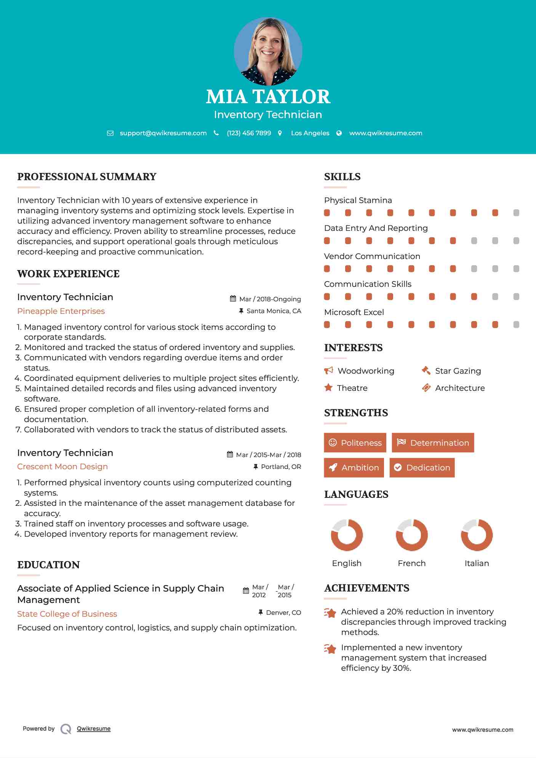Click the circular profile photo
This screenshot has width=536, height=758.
point(268,51)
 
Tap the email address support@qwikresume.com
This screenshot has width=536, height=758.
point(163,133)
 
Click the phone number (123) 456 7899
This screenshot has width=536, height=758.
point(249,133)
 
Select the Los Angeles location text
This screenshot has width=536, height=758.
point(310,133)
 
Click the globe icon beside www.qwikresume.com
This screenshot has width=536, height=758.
point(339,133)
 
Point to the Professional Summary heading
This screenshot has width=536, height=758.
point(87,177)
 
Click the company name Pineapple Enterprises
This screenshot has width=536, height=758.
point(61,311)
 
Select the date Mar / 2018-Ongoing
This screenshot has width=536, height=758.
point(270,299)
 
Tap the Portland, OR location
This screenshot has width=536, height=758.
point(281,467)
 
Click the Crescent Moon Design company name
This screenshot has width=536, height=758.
point(62,467)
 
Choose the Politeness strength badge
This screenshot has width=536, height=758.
point(355,443)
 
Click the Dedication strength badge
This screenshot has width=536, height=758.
point(422,467)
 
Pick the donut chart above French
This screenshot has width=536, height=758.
point(412,535)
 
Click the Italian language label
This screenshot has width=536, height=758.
point(477,563)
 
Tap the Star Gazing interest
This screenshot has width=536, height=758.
point(458,371)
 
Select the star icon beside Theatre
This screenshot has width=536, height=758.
point(328,388)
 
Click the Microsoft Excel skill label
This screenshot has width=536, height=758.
point(354,312)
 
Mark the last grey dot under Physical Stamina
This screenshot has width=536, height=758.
point(516,213)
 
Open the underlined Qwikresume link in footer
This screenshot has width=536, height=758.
point(94,729)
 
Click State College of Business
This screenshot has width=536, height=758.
point(67,614)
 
